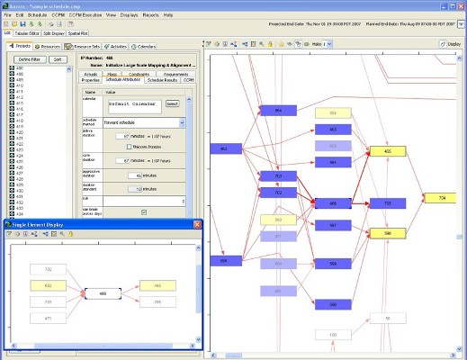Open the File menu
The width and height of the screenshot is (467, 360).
8,15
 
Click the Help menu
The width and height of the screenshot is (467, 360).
168,15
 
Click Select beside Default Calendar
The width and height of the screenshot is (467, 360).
172,103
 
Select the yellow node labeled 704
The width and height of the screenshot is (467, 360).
441,197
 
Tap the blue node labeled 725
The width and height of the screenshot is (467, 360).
388,203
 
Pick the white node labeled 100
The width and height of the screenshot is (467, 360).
332,335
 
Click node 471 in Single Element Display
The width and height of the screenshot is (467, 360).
48,319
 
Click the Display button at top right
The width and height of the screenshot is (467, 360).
453,43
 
